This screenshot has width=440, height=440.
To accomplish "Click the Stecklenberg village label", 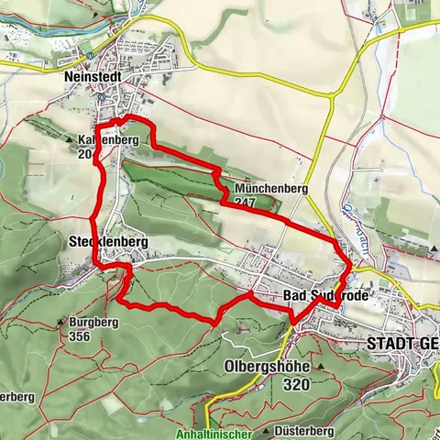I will [108, 243].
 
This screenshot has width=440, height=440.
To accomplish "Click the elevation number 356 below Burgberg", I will [79, 335].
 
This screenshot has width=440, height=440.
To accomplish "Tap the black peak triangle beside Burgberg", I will [60, 323].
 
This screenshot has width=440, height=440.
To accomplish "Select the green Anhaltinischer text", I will [212, 434].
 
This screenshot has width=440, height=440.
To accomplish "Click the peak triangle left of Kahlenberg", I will [71, 140].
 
